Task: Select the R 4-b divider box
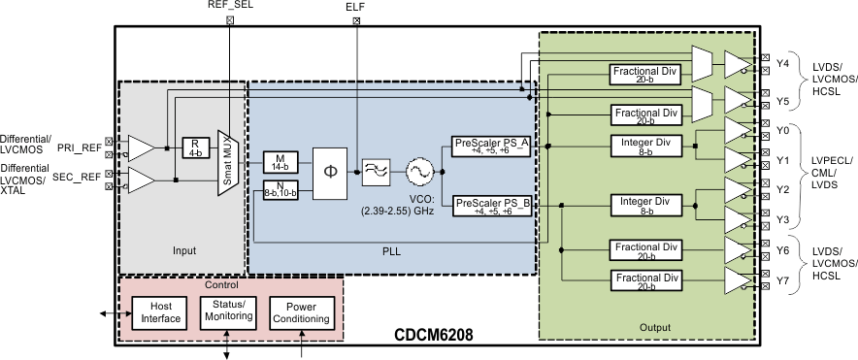[x=196, y=147]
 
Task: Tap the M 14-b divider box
[x=280, y=161]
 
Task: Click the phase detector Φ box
[x=330, y=171]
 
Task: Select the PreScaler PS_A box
[x=491, y=146]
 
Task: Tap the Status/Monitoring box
[x=227, y=311]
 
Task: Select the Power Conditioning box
[x=301, y=311]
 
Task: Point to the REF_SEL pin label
[x=230, y=5]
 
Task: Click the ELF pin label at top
[x=356, y=7]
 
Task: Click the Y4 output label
[x=783, y=65]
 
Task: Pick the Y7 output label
[x=783, y=282]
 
